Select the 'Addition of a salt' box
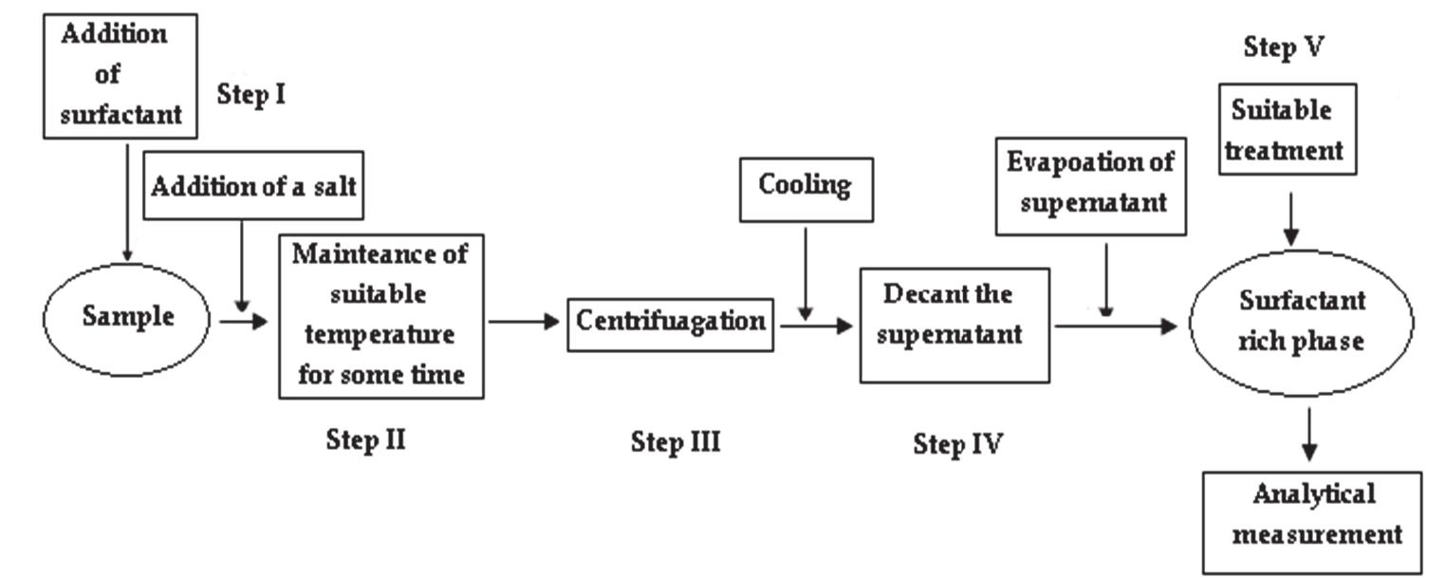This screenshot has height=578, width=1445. (x=253, y=185)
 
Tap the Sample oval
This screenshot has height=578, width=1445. (x=127, y=317)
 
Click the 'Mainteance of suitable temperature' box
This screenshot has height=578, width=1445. (x=380, y=315)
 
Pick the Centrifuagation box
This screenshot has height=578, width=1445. (x=671, y=323)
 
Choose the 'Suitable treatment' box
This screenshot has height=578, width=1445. (x=1287, y=129)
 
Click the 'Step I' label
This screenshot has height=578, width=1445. (x=250, y=95)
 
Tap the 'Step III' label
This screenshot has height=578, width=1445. (x=676, y=441)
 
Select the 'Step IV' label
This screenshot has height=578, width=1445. (x=957, y=443)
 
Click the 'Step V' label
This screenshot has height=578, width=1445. (x=1284, y=48)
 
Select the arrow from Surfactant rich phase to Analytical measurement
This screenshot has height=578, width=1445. (x=1310, y=433)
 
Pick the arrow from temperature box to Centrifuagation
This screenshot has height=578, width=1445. (x=524, y=322)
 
